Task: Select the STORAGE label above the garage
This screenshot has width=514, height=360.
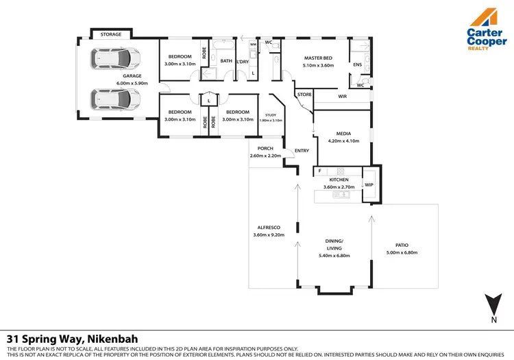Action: pyautogui.click(x=110, y=34)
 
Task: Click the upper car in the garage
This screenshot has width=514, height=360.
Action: pyautogui.click(x=116, y=59)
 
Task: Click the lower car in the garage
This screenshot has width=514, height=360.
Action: pyautogui.click(x=116, y=100)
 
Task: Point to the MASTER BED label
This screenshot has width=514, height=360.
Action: pyautogui.click(x=318, y=58)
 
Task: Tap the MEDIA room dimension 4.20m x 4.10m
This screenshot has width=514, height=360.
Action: pyautogui.click(x=343, y=141)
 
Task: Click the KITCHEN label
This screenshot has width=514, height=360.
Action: pyautogui.click(x=339, y=179)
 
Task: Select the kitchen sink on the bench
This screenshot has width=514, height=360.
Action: pyautogui.click(x=341, y=195)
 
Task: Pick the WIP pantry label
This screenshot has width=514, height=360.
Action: pyautogui.click(x=369, y=184)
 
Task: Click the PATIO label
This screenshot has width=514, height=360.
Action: pyautogui.click(x=402, y=245)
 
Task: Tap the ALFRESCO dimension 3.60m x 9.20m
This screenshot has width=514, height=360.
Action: pyautogui.click(x=268, y=237)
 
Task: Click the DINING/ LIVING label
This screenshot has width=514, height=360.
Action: pyautogui.click(x=334, y=245)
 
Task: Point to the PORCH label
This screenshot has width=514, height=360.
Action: pyautogui.click(x=265, y=149)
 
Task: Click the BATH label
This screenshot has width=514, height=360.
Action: pyautogui.click(x=226, y=60)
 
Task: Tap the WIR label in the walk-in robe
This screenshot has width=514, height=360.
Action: pyautogui.click(x=342, y=97)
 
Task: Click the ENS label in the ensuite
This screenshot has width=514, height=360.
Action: pyautogui.click(x=357, y=64)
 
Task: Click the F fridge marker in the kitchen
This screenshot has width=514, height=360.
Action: pyautogui.click(x=319, y=171)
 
